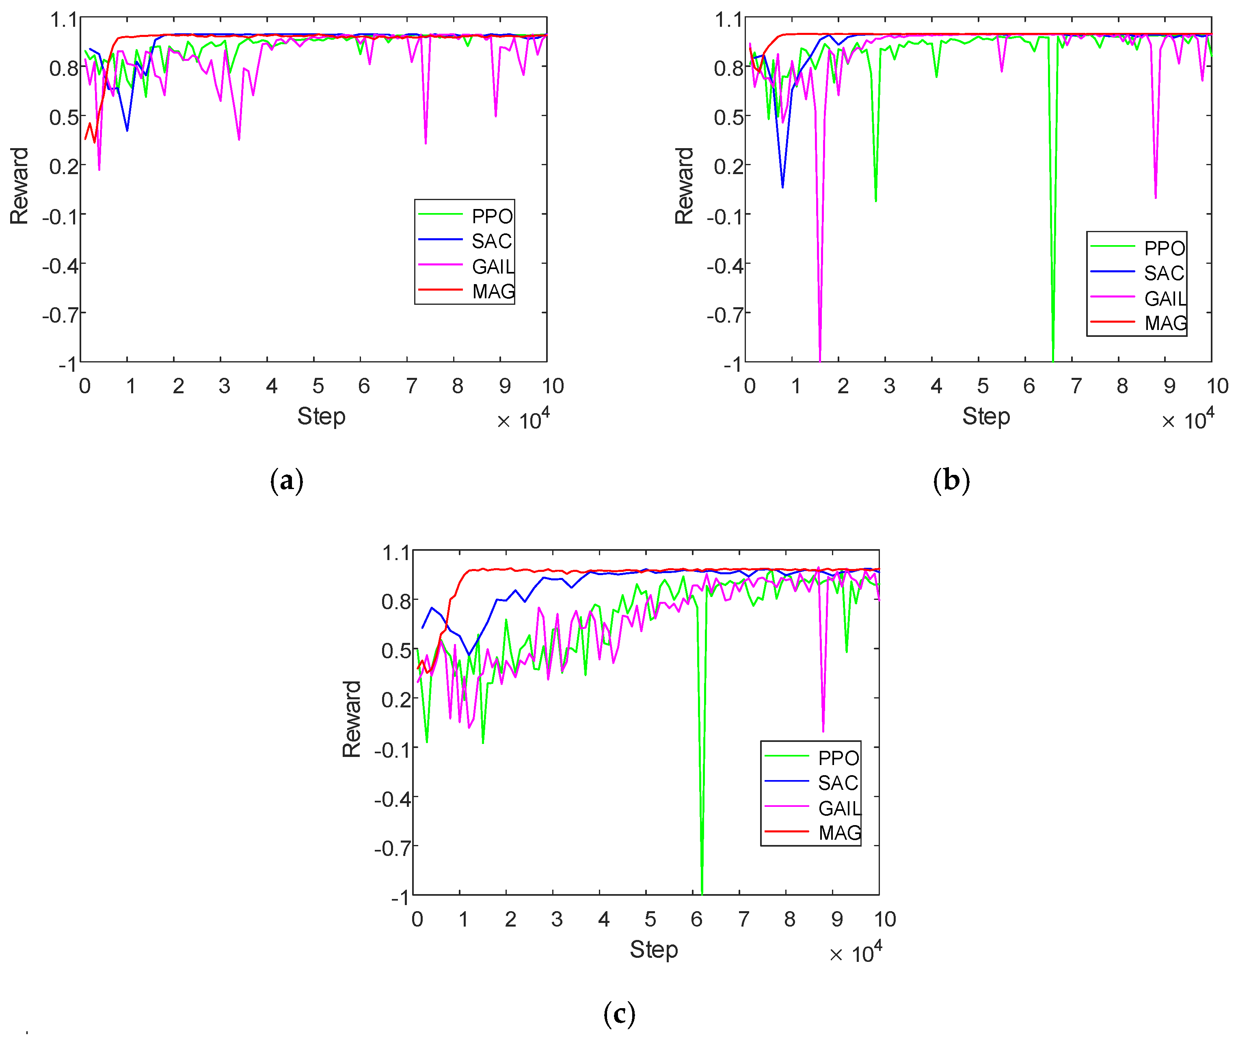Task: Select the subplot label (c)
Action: tap(619, 1013)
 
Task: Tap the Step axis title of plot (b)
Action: tap(985, 416)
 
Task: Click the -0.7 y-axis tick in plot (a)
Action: tap(61, 315)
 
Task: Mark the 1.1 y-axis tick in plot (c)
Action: tap(396, 553)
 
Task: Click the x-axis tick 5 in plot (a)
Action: tap(318, 386)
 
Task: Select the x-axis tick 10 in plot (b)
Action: tap(1217, 386)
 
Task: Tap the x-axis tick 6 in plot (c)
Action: tap(696, 919)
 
